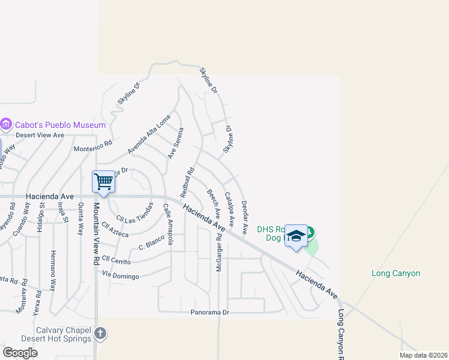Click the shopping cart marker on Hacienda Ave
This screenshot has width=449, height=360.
tap(103, 182)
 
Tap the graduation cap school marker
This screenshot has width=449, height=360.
tap(296, 236)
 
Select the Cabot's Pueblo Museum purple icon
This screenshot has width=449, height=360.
tap(7, 125)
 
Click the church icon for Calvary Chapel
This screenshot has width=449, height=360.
tap(100, 333)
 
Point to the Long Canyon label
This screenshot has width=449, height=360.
tap(396, 274)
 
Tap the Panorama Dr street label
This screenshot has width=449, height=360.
tap(210, 313)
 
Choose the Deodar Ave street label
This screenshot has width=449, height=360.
tap(245, 217)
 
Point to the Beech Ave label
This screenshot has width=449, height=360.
tap(214, 203)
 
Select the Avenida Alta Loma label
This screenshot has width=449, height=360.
tap(149, 134)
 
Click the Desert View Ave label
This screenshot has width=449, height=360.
tap(40, 135)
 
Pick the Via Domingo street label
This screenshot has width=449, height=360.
tap(121, 276)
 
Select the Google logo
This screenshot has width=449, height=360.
tap(20, 353)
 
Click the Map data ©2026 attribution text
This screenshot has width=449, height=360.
tap(423, 355)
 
